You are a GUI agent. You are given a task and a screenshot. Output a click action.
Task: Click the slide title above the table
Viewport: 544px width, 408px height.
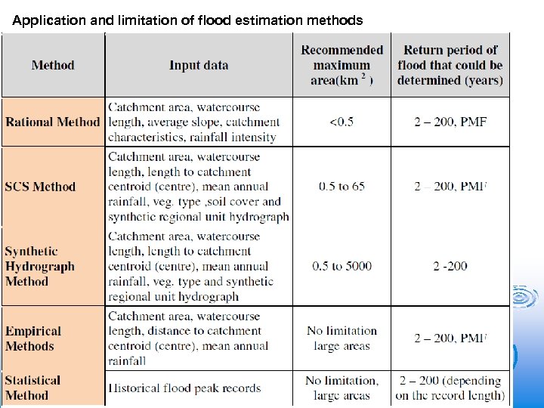187,20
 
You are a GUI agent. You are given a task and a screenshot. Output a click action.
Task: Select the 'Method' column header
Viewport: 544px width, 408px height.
53,65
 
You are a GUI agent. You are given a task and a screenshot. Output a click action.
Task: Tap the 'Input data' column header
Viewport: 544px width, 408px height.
199,65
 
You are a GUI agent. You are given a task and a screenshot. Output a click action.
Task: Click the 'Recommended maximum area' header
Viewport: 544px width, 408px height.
342,65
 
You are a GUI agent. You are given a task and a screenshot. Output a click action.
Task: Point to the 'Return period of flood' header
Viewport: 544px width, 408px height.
450,65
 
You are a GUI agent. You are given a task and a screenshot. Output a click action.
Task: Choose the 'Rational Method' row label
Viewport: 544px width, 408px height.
53,122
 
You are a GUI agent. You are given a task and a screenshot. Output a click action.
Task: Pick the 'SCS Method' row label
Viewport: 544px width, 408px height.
41,187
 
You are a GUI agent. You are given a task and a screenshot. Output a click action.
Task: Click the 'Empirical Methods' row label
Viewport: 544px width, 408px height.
33,338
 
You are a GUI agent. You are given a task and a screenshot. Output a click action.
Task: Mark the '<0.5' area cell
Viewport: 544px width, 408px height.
342,122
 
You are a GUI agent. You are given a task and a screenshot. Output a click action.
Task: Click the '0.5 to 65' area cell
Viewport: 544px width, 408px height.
342,187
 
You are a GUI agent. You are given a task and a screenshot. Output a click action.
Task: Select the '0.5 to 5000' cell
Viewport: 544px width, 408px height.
342,266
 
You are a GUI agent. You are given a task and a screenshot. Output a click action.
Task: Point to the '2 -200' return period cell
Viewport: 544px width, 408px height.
450,266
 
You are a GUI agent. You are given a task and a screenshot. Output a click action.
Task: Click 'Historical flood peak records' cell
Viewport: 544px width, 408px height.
184,388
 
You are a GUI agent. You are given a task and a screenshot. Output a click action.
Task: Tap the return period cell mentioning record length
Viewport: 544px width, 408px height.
450,388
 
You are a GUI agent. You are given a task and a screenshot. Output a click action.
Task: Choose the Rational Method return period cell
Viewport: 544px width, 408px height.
450,122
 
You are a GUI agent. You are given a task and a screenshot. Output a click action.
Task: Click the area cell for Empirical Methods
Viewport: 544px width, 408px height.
342,338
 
